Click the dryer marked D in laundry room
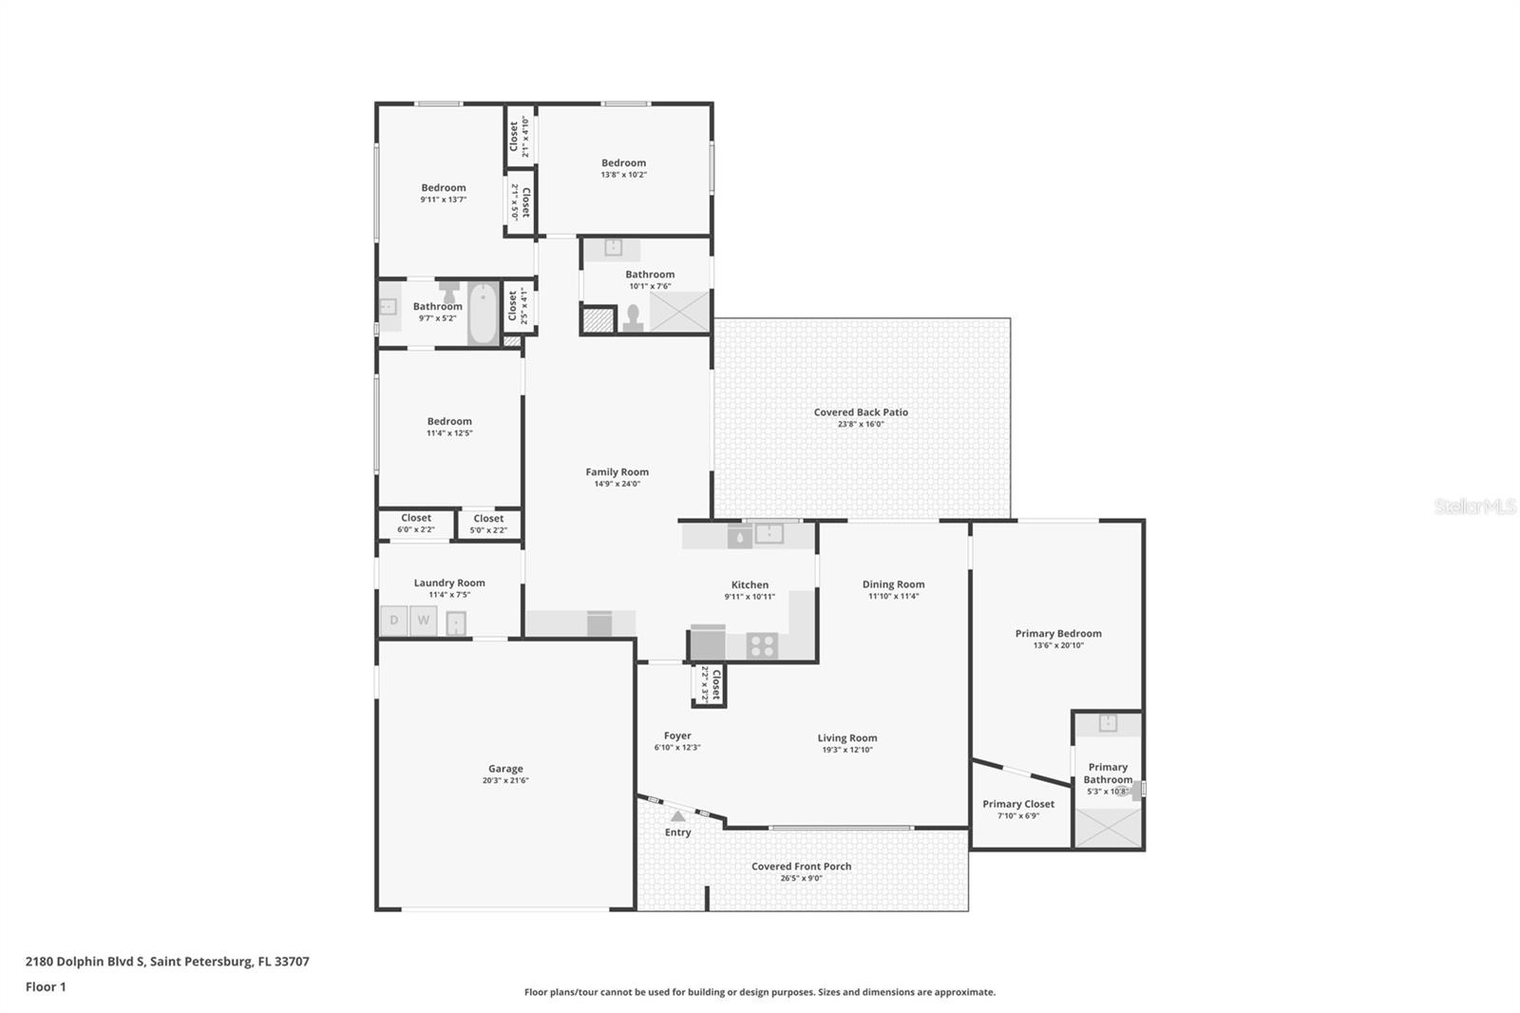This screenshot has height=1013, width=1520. click(x=393, y=621)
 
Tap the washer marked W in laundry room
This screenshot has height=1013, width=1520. click(x=424, y=621)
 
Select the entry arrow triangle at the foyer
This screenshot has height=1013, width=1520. click(x=677, y=815)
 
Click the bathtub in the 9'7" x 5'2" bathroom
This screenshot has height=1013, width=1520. click(x=484, y=313)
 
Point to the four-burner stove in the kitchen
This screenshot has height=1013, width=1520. click(x=762, y=646)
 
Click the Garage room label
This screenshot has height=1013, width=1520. click(x=505, y=769)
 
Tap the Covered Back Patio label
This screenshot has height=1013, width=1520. click(x=861, y=412)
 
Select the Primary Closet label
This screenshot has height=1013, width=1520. click(x=1018, y=804)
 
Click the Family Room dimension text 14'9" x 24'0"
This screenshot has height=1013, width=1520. click(x=617, y=484)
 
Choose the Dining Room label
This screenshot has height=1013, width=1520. click(x=893, y=584)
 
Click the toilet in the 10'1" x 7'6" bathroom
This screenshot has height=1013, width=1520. click(x=633, y=317)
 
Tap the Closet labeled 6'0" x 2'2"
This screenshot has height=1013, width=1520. click(x=416, y=524)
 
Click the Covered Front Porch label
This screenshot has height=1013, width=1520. click(x=801, y=867)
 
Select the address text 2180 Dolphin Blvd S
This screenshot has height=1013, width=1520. click(x=85, y=961)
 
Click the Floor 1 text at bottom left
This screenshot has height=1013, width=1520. click(x=46, y=986)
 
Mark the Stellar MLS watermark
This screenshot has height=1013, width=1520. click(x=1474, y=506)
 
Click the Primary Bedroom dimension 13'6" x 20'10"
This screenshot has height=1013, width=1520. click(x=1058, y=645)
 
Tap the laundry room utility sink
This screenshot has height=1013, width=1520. click(x=456, y=623)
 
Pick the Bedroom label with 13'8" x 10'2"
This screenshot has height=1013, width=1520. click(x=623, y=162)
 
